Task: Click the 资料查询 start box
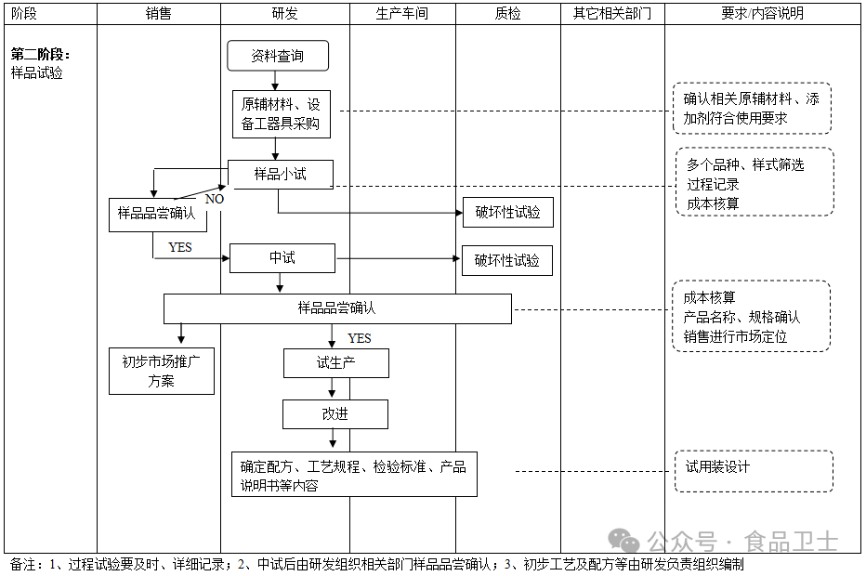278,56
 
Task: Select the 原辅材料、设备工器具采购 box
280,113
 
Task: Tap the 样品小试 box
280,174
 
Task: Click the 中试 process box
282,258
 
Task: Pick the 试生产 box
335,363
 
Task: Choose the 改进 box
335,414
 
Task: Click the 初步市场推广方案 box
162,371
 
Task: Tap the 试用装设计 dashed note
752,471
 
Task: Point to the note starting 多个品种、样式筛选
752,184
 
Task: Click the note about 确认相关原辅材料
751,109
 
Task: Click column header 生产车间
402,14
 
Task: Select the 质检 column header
507,14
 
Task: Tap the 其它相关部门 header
612,14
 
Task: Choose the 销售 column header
159,14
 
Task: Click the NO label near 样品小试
215,199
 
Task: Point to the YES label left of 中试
180,247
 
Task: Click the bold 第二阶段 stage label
40,55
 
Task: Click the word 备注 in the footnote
23,564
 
